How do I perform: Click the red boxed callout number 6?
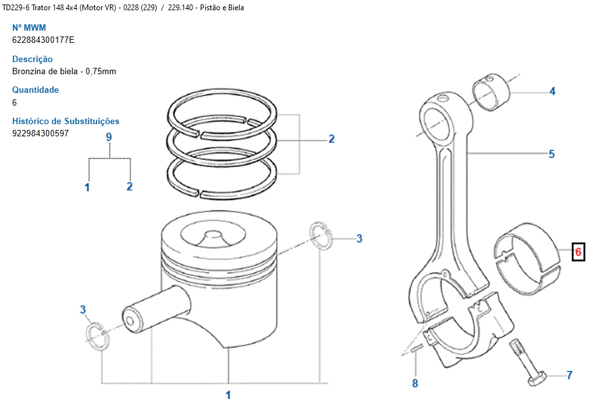click(x=578, y=252)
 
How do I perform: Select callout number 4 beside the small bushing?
click(x=553, y=92)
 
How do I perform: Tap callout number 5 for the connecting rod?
click(x=551, y=154)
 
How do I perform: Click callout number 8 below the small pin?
click(x=415, y=383)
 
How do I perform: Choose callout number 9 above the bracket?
click(x=109, y=137)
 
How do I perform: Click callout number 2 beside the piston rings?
click(x=331, y=139)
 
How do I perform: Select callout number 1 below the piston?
click(x=228, y=394)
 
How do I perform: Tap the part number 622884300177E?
click(x=43, y=40)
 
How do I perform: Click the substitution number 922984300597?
click(x=40, y=133)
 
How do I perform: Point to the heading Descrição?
click(x=33, y=60)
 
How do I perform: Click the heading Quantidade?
click(x=36, y=90)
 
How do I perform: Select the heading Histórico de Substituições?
click(x=66, y=121)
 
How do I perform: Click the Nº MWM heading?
click(x=29, y=28)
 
